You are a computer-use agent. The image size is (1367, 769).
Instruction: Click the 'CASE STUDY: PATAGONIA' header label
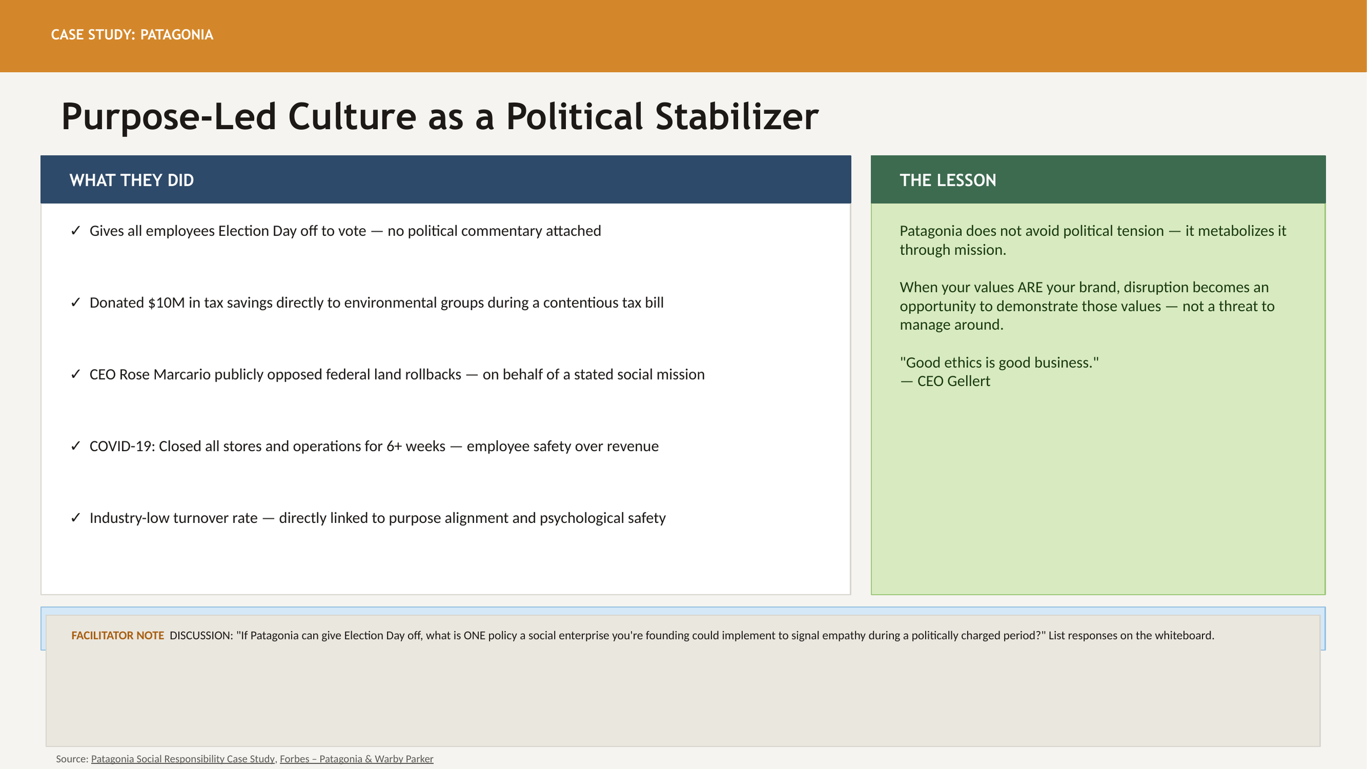coord(132,34)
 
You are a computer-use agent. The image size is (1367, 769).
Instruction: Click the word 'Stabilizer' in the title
coord(737,116)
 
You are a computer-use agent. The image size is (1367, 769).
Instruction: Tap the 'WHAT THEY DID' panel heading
coord(131,180)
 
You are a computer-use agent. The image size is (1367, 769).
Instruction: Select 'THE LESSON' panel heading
coord(948,180)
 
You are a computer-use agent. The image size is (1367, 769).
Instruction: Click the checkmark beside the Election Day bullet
coord(75,231)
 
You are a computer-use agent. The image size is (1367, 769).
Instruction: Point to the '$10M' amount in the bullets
coord(166,302)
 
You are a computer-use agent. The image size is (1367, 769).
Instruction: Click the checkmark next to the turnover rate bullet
coord(75,517)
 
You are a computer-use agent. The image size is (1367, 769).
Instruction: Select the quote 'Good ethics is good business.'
coord(999,362)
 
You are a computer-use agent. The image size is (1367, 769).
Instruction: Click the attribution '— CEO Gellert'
coord(945,381)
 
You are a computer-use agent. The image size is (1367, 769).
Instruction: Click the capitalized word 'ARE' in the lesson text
coord(1030,287)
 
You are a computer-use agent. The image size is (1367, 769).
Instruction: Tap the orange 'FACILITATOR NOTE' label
coord(118,636)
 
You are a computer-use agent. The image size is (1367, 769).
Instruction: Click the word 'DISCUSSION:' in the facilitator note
coord(201,636)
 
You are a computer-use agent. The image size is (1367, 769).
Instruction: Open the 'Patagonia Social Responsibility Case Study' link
coord(183,759)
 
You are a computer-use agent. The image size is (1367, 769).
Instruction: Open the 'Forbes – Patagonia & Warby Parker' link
coord(357,759)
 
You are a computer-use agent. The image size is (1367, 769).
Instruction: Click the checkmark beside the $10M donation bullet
coord(75,302)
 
